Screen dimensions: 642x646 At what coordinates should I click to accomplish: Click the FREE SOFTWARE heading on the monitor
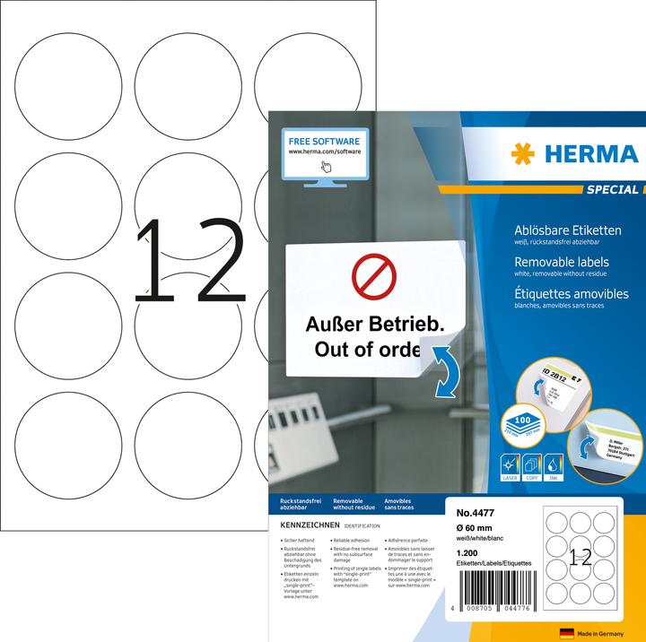click(x=324, y=141)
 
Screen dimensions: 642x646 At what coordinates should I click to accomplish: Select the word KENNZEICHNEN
click(x=305, y=524)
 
